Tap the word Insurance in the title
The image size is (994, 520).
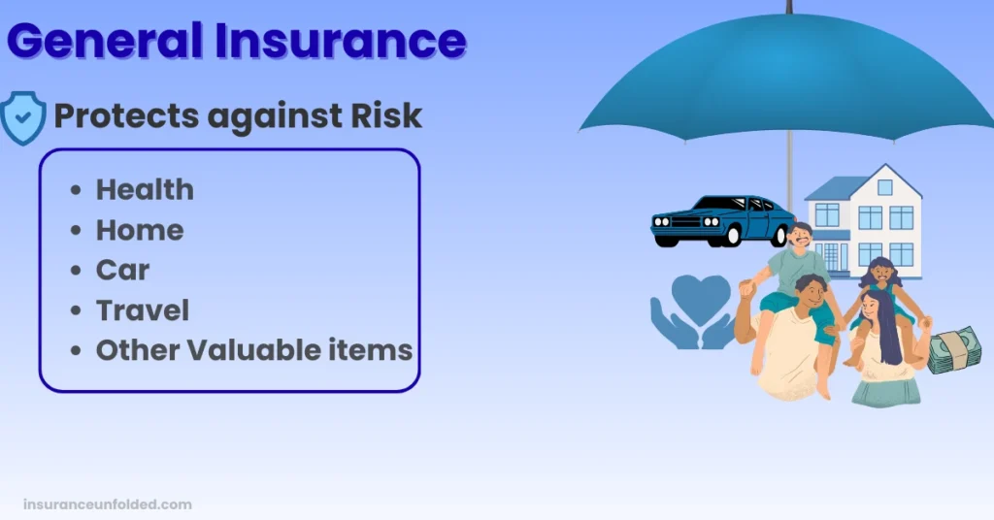341,41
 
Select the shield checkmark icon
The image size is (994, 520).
23,117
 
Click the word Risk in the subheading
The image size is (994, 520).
386,115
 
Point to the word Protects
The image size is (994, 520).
126,116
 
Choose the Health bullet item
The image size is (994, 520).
145,189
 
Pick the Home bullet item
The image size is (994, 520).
140,230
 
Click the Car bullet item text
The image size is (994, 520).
122,271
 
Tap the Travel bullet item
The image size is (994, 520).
143,310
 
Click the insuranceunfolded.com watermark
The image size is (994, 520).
108,504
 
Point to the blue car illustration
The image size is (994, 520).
722,221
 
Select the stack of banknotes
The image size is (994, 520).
953,349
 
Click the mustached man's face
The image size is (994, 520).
801,238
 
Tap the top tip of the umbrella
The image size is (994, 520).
789,2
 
